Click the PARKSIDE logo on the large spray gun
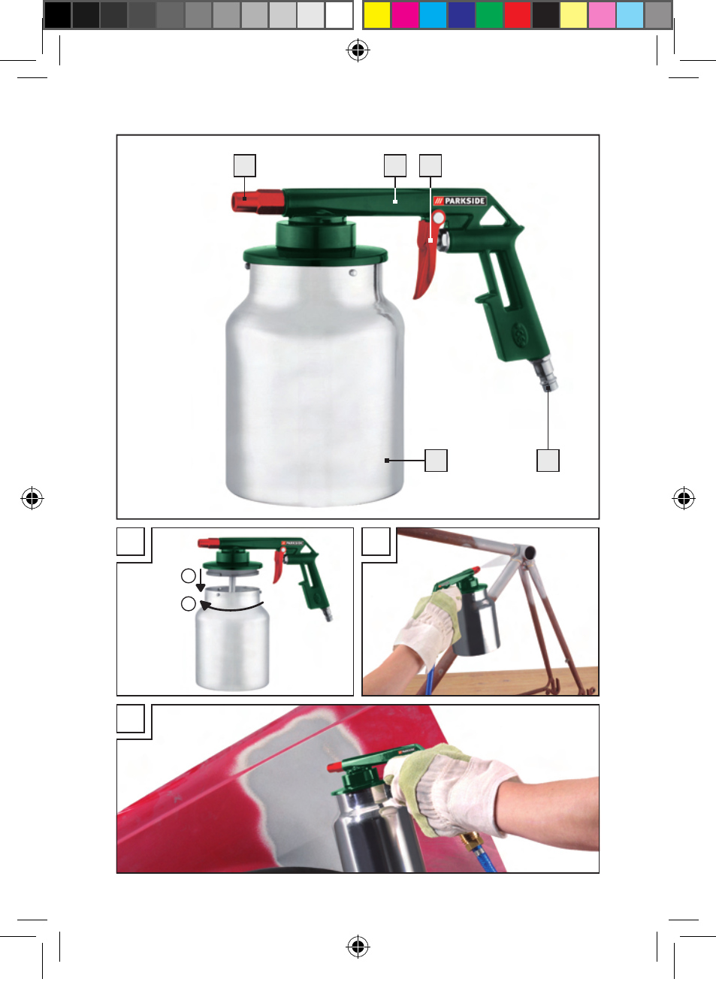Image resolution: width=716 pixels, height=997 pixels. point(460,201)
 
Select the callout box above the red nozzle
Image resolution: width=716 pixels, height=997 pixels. point(245,165)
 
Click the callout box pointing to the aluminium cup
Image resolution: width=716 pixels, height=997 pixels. point(436,461)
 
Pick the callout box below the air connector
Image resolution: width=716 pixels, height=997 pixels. point(548,461)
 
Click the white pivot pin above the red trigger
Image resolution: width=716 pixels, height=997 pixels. point(438,218)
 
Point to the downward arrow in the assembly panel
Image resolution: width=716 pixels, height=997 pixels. point(201,580)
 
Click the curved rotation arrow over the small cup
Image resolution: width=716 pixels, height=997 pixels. point(231,609)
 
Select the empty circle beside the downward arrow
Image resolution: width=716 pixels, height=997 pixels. point(189,576)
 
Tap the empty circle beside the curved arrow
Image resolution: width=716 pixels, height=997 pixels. point(189,604)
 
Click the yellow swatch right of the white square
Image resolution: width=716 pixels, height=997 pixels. point(377,15)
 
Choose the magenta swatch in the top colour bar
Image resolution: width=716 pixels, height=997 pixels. point(405,15)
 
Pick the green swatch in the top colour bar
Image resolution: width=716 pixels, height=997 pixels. point(489,15)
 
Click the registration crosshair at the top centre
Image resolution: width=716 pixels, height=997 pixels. point(358,50)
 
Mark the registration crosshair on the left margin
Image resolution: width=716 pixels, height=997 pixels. point(32,498)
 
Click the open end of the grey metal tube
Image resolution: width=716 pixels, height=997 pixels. point(529,553)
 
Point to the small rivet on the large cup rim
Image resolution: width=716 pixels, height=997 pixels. point(352,273)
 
